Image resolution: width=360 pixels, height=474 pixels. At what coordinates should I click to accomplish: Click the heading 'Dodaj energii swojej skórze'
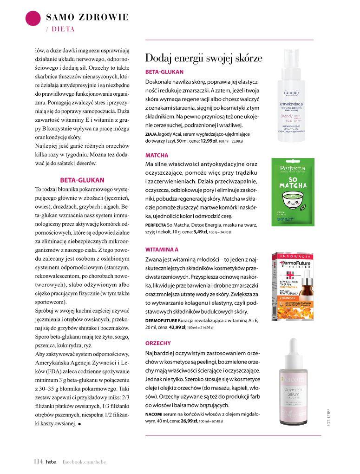point(204,59)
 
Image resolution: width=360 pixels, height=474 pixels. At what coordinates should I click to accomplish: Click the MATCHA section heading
point(157,155)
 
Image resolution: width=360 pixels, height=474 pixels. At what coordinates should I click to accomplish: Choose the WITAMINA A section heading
point(162,250)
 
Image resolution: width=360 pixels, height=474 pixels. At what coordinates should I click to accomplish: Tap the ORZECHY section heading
point(159,342)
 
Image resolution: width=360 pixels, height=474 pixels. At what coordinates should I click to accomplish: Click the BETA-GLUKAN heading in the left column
point(82,180)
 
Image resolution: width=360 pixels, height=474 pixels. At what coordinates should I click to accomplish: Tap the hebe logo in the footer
point(51,461)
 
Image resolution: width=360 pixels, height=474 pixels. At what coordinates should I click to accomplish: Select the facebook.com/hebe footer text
point(85,461)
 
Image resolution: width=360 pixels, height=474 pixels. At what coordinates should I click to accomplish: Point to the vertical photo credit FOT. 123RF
point(327,418)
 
